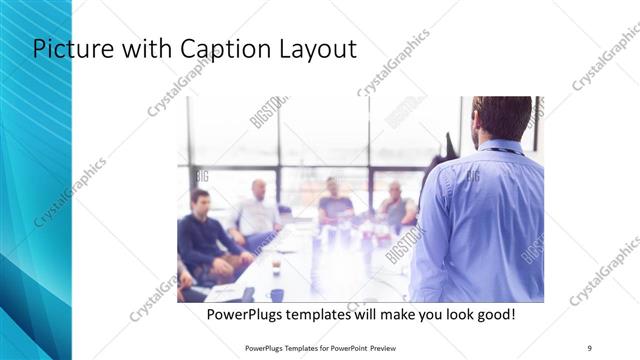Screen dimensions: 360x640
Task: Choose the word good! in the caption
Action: (x=495, y=315)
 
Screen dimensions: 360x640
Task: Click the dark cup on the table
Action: (x=277, y=294)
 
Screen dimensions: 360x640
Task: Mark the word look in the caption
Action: (x=461, y=315)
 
